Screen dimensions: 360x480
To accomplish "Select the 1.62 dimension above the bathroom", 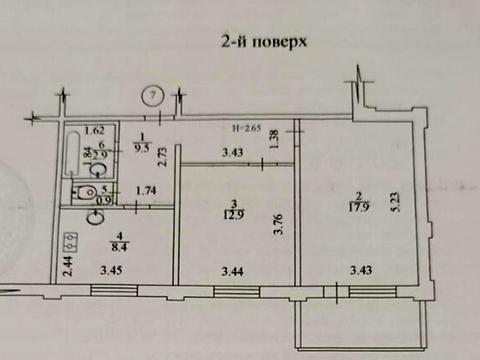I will point(94,130).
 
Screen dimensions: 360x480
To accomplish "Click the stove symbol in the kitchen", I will point(69,240).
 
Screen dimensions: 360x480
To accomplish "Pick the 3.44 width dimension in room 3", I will point(232,268).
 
